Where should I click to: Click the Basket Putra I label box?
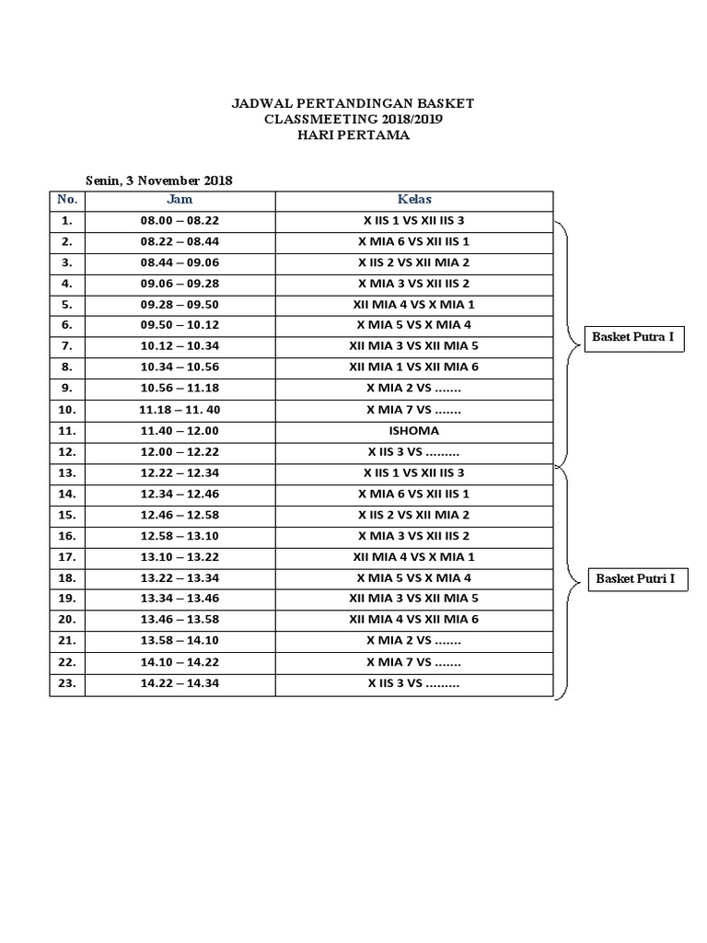633,337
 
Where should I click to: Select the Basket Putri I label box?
635,578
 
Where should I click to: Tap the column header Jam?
180,200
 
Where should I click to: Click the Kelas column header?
414,200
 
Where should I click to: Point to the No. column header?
66,200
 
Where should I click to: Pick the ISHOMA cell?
414,431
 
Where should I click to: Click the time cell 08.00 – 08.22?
180,221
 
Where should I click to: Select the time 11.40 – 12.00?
180,431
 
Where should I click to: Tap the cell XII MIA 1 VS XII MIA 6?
414,367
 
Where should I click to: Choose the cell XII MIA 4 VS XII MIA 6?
414,620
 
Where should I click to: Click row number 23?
66,683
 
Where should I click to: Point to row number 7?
66,346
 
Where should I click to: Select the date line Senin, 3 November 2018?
158,180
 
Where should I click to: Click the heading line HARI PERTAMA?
353,135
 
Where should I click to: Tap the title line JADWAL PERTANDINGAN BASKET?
353,103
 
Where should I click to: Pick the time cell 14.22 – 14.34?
180,683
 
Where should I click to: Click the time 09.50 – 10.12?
180,325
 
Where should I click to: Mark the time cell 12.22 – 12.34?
180,473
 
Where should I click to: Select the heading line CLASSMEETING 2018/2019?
353,120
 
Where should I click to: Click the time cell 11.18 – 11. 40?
180,410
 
